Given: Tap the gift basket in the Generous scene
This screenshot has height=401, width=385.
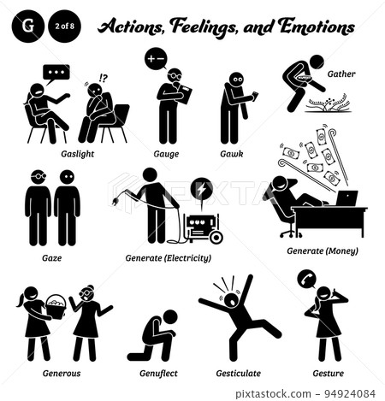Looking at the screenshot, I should point(53,303).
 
